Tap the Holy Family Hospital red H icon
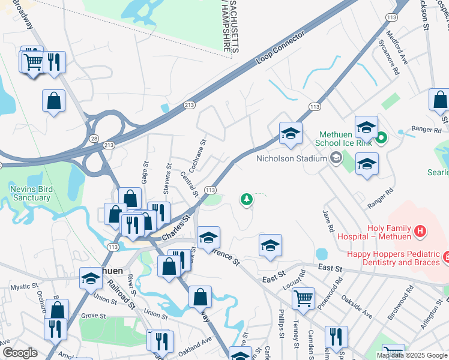point(420,230)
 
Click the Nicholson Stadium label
point(291,158)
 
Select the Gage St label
point(145,172)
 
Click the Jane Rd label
point(328,221)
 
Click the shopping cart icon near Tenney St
point(304,298)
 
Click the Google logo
point(19,353)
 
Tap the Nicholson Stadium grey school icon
point(336,158)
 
